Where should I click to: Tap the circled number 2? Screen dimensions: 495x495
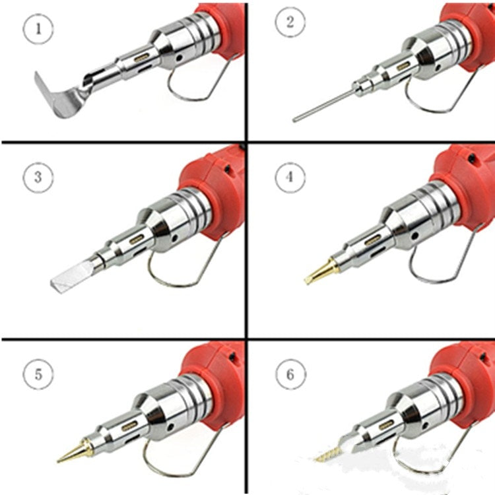click(288, 23)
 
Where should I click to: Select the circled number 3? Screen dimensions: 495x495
click(37, 177)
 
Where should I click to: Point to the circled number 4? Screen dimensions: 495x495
click(288, 177)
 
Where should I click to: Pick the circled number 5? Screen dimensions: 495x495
click(38, 375)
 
